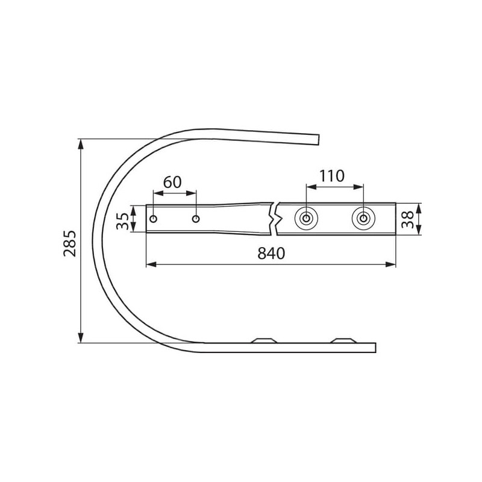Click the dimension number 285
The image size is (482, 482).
[x=69, y=243]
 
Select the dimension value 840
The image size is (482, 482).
[x=271, y=253]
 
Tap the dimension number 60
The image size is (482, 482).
[x=172, y=183]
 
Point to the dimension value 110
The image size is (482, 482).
[x=332, y=176]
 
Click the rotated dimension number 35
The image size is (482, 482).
[x=122, y=221]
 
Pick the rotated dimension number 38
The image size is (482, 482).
[x=408, y=219]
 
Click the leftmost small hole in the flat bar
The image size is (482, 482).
[x=154, y=219]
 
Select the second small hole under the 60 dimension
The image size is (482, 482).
[x=195, y=219]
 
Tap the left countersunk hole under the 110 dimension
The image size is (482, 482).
[x=306, y=219]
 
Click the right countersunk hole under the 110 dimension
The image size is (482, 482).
[x=363, y=219]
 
